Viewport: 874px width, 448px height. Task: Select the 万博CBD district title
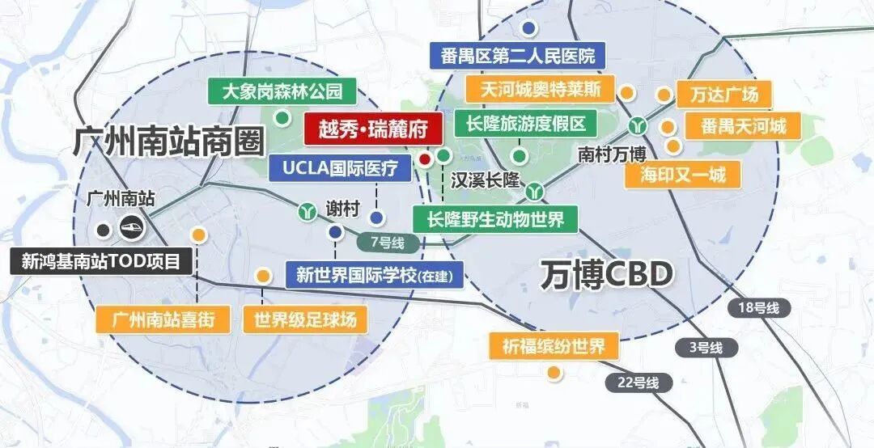(x=606, y=275)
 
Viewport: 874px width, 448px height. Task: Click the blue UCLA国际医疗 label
(x=340, y=168)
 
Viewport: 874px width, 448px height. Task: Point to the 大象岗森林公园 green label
(x=282, y=90)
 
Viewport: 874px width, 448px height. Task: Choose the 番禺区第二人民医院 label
(x=518, y=56)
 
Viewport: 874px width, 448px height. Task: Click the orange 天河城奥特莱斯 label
(x=541, y=88)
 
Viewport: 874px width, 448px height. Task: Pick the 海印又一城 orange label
(x=683, y=174)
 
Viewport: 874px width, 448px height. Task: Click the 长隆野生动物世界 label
(x=495, y=218)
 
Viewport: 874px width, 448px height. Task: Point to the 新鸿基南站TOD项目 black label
(x=101, y=260)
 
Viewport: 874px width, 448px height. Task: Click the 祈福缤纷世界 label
(x=553, y=347)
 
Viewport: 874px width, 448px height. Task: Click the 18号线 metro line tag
(x=758, y=307)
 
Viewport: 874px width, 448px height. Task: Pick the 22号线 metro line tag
(x=637, y=382)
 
